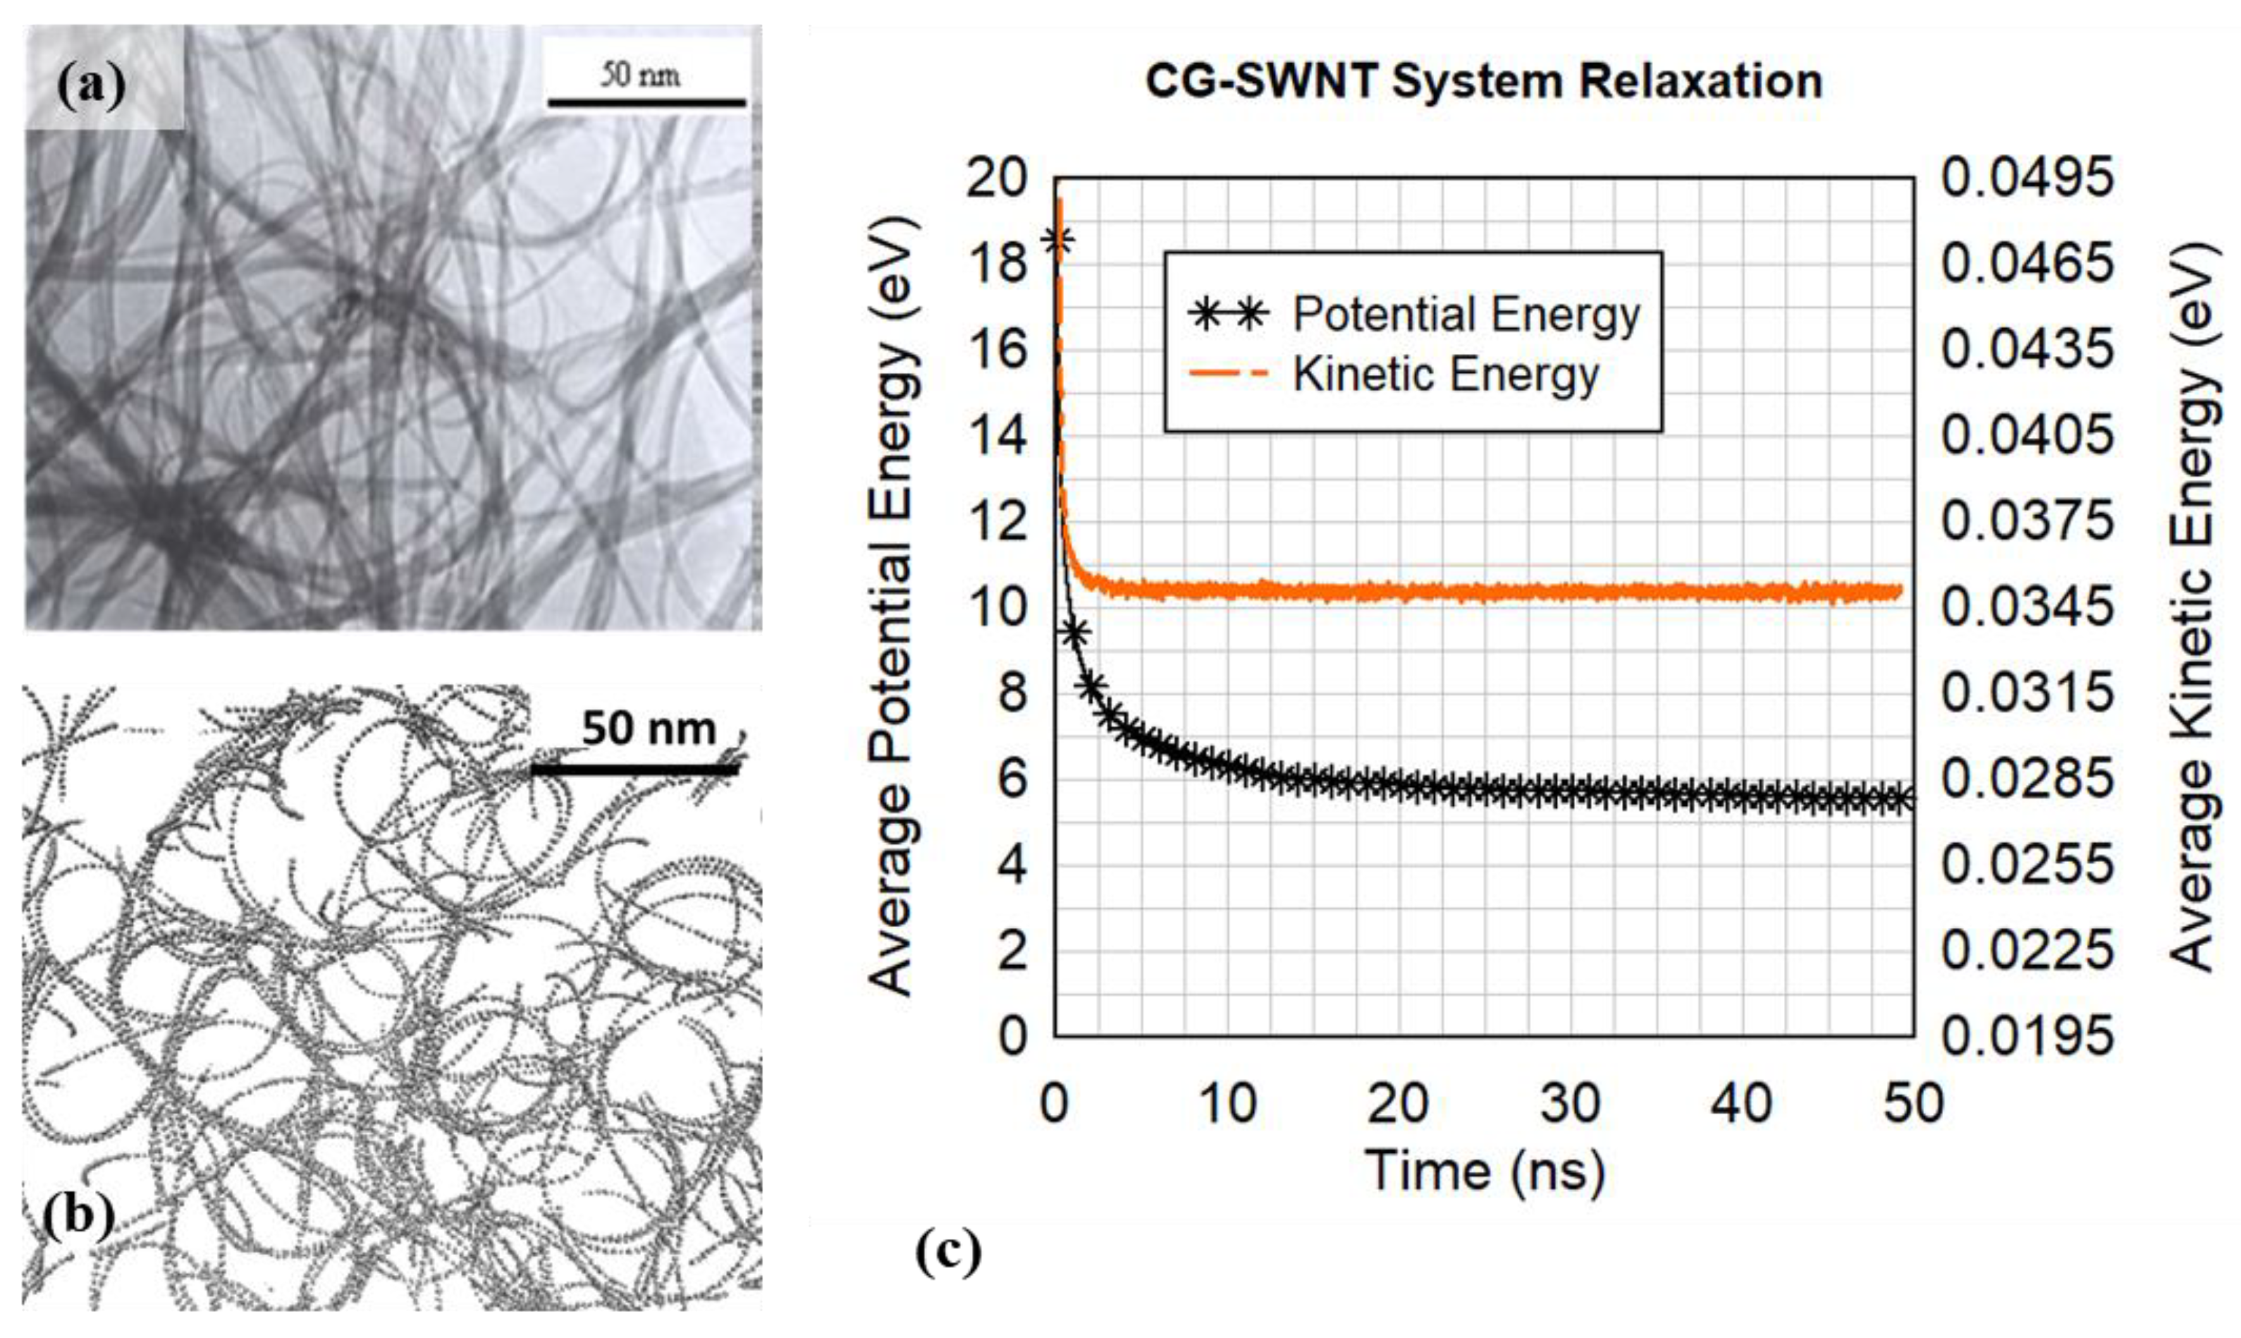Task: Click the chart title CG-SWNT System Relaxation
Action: (1483, 81)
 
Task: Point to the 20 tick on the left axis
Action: (997, 178)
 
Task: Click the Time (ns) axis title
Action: (1484, 1171)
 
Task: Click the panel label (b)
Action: (80, 1217)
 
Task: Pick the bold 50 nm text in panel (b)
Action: (648, 729)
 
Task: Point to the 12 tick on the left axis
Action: (997, 521)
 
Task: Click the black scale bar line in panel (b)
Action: (634, 769)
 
